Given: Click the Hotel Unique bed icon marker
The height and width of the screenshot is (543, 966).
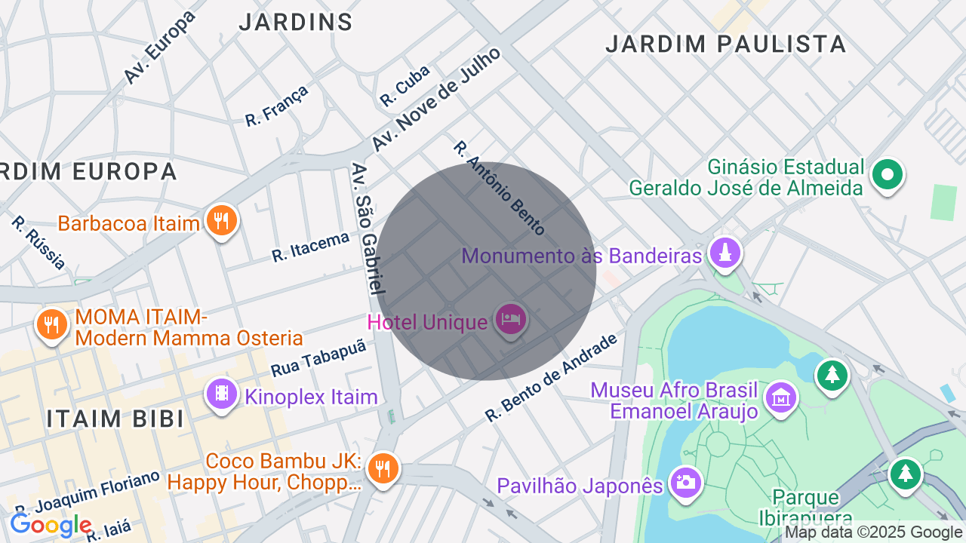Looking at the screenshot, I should tap(511, 320).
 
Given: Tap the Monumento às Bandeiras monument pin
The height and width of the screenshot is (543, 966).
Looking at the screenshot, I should tap(725, 254).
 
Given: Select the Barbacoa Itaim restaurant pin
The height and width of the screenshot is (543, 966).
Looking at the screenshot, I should tap(220, 221).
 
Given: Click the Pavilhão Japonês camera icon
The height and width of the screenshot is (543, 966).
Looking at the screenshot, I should tap(685, 483).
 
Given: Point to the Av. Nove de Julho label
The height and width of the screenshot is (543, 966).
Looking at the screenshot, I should tap(436, 99).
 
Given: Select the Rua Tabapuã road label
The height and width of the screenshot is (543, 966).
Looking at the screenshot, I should tap(318, 358).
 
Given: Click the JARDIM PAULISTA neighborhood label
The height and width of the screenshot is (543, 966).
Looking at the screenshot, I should tap(725, 44).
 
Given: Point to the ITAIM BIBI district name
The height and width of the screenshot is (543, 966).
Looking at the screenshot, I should tap(115, 419).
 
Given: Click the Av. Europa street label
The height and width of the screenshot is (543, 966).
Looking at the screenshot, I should tap(159, 47).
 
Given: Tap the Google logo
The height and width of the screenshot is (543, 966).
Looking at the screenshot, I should tap(51, 525).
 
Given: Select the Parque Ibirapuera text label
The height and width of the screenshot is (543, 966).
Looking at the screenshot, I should tap(805, 508).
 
